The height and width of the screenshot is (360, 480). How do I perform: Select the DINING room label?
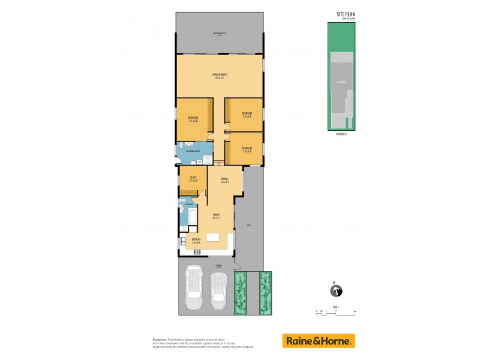point(225,180)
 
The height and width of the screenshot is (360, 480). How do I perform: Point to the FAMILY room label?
point(216,215)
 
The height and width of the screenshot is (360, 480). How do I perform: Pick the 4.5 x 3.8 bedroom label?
point(193,119)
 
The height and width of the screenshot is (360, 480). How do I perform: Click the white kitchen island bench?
point(214,238)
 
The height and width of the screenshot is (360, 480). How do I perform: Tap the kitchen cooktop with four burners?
point(196,251)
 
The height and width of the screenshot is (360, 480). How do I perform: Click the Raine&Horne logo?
point(319,340)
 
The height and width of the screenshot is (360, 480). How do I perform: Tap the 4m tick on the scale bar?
point(356,311)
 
